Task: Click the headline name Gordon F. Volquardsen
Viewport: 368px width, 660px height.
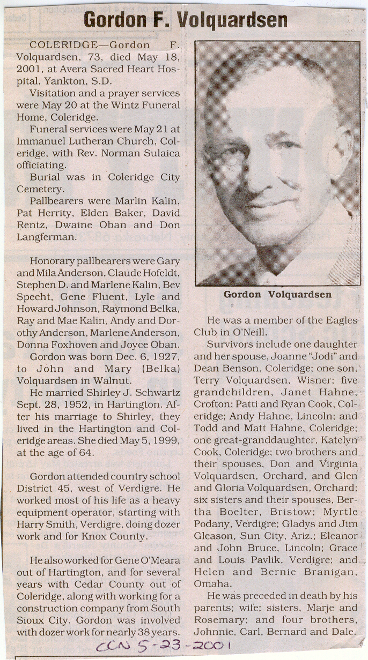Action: coord(185,20)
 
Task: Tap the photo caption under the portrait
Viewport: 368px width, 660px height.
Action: coord(277,294)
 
